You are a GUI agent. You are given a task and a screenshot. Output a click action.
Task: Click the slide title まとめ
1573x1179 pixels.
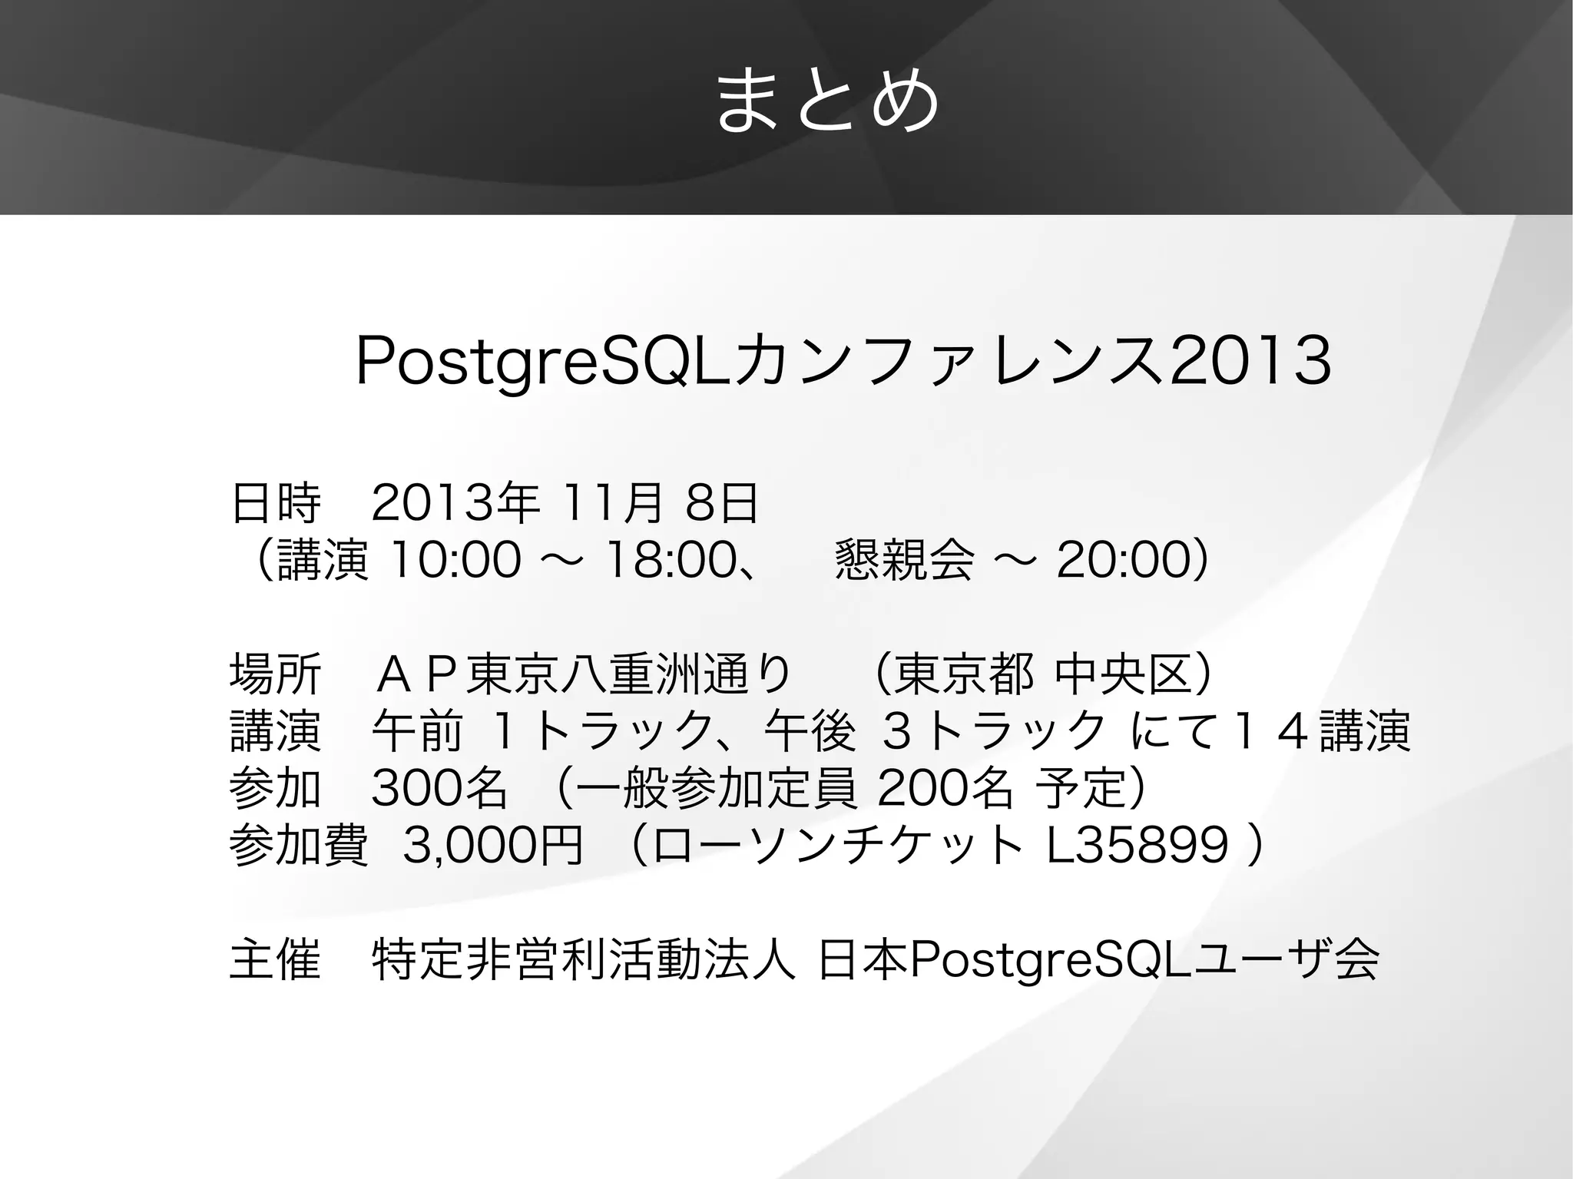pyautogui.click(x=827, y=101)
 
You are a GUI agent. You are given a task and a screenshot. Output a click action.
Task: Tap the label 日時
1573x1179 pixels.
pyautogui.click(x=275, y=505)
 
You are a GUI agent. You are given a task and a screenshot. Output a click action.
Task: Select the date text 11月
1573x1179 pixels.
pyautogui.click(x=612, y=505)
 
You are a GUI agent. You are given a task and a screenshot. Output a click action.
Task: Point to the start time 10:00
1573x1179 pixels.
pyautogui.click(x=455, y=560)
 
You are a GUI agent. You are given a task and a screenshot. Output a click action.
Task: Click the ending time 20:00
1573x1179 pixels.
pyautogui.click(x=1123, y=560)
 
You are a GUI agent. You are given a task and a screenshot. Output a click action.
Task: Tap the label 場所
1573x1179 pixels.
pyautogui.click(x=275, y=675)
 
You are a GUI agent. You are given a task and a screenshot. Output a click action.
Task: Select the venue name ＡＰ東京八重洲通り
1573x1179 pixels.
pyautogui.click(x=584, y=675)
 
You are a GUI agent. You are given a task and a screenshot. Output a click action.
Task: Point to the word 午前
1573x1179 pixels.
pyautogui.click(x=417, y=731)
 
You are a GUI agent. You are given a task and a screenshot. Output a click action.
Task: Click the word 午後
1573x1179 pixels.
pyautogui.click(x=810, y=731)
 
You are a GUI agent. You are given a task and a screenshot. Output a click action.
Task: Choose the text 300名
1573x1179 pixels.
pyautogui.click(x=439, y=788)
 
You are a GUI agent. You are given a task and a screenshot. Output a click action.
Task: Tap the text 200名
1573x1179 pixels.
pyautogui.click(x=944, y=788)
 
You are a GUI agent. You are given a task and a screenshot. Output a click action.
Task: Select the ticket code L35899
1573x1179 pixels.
pyautogui.click(x=1138, y=846)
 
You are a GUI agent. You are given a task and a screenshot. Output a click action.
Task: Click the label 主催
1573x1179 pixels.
pyautogui.click(x=275, y=960)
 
